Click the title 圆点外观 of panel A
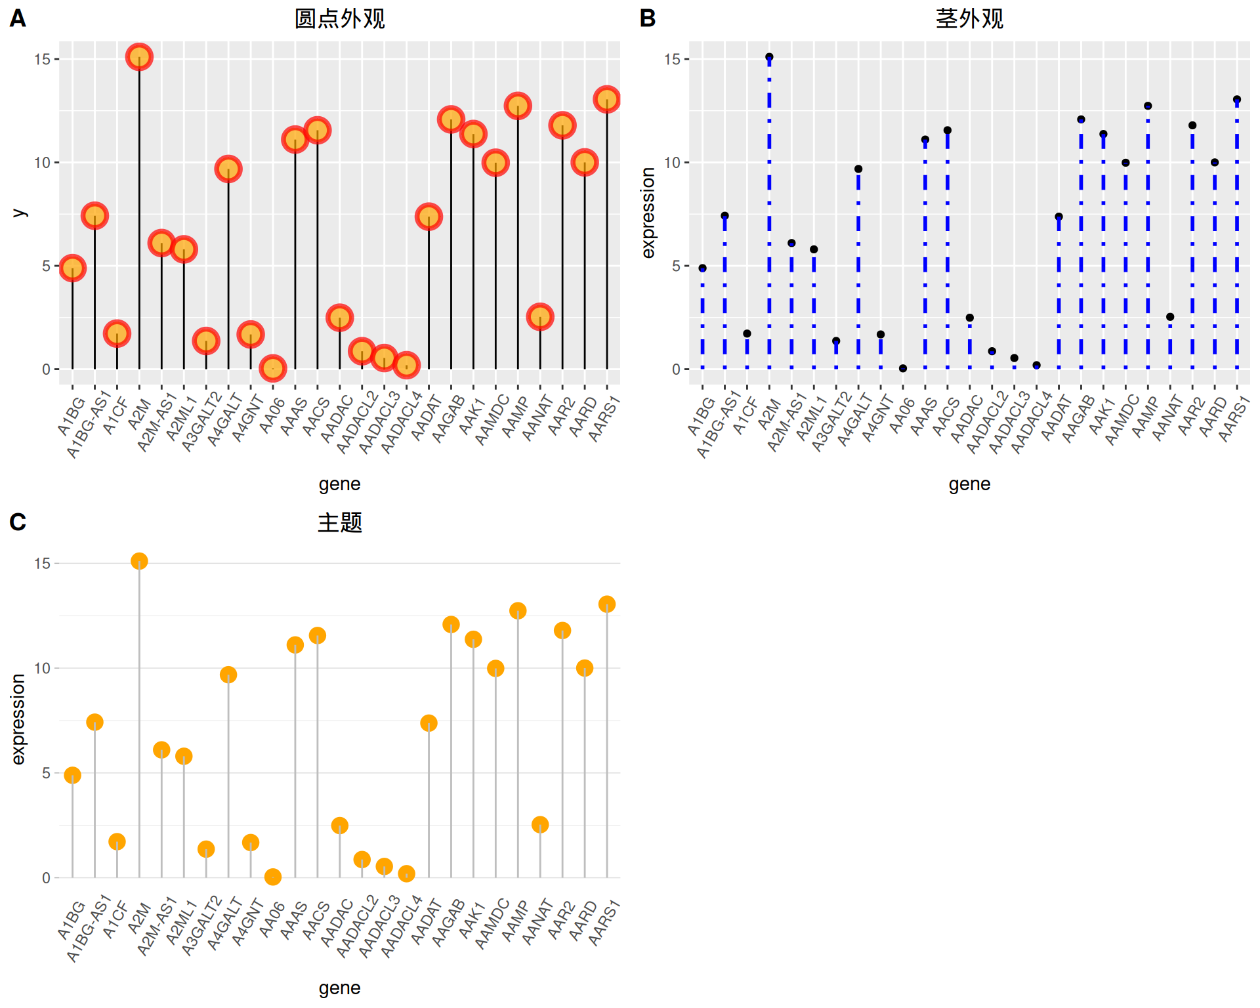(x=339, y=18)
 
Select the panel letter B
(x=647, y=18)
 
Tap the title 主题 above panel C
(x=339, y=522)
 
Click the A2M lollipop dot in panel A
(x=139, y=57)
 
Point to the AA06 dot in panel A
(x=272, y=368)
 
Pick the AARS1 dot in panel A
(x=606, y=100)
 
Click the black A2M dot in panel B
(x=769, y=57)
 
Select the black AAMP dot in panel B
(x=1148, y=106)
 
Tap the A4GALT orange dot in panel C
(x=228, y=675)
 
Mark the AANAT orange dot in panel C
(x=540, y=824)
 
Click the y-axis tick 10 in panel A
(x=42, y=162)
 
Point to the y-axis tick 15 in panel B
(x=672, y=59)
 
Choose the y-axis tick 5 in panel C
(x=46, y=773)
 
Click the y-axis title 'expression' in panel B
(x=648, y=213)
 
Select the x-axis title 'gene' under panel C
(x=339, y=988)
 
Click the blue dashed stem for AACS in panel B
(x=948, y=249)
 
